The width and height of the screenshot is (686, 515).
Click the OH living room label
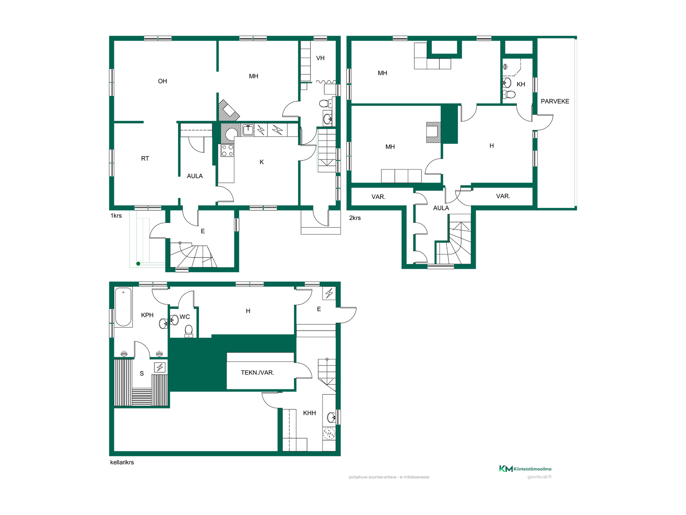tap(162, 81)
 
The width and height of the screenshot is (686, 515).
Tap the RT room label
tap(145, 158)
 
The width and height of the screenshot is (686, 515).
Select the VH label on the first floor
tap(320, 58)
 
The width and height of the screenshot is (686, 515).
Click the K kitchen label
tap(262, 162)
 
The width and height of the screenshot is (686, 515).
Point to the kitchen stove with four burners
tap(227, 151)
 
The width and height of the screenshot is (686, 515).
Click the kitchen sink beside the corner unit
tap(248, 130)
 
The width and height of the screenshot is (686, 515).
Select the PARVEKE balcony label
tap(555, 101)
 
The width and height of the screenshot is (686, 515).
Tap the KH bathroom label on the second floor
tap(521, 84)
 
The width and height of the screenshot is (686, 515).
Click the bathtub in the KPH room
tap(123, 307)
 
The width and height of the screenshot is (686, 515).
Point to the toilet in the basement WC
tap(189, 331)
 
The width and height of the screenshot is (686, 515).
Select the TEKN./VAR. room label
tap(257, 373)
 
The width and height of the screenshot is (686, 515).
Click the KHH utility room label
tap(309, 413)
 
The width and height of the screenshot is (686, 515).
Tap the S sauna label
tap(142, 373)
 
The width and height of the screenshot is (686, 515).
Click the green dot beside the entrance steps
tap(138, 264)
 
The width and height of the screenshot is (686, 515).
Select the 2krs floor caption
tap(355, 218)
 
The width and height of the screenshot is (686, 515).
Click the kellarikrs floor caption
tap(122, 462)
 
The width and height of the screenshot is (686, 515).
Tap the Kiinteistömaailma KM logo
tap(525, 469)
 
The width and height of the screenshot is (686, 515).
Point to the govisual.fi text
tap(539, 477)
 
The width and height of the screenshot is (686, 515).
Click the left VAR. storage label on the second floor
tap(378, 197)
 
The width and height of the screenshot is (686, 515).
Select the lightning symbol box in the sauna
tap(160, 367)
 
